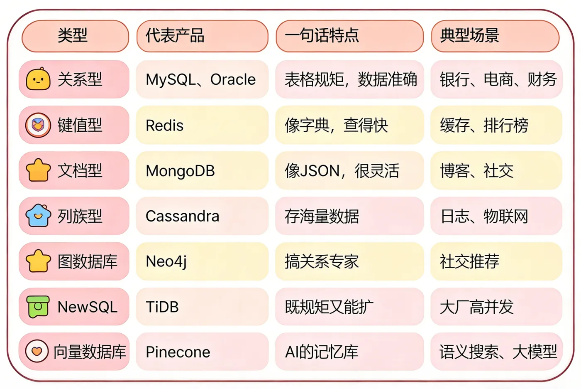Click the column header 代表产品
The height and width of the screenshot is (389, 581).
(203, 36)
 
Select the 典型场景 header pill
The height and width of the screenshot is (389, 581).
(495, 36)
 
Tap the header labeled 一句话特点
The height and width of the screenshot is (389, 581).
(349, 36)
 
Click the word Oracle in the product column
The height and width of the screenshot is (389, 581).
(233, 79)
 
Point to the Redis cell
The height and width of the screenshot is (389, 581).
(203, 125)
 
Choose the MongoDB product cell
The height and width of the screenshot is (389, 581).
(203, 171)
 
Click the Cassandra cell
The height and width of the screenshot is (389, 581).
(203, 216)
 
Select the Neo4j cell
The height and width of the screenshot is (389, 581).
(203, 261)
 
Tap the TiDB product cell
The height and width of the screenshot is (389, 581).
(203, 306)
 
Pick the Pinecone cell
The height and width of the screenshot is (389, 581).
(203, 352)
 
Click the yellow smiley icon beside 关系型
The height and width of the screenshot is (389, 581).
(38, 79)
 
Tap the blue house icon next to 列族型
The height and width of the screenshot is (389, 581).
(38, 215)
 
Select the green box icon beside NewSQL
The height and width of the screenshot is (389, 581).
(38, 307)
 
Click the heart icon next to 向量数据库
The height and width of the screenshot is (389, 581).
(37, 351)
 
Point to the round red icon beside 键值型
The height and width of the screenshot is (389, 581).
(38, 125)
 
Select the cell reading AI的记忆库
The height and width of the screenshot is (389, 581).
(349, 352)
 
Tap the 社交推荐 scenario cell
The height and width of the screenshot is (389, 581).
(496, 261)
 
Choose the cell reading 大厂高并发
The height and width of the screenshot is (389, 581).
(496, 306)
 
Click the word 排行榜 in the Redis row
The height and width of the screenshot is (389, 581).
(506, 126)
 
